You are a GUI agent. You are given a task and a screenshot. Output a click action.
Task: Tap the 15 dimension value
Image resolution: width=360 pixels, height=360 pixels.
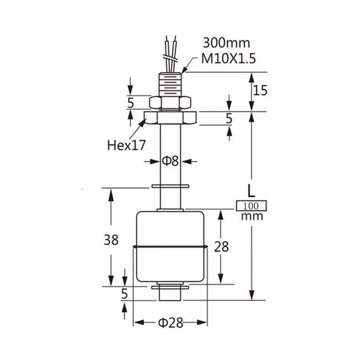(259, 89)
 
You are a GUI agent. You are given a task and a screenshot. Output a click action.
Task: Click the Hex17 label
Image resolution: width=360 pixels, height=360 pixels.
(127, 145)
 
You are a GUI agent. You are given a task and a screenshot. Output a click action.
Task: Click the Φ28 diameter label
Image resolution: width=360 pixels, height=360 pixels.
(170, 323)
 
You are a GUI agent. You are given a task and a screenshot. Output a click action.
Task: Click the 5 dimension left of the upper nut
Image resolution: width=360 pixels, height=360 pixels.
(130, 102)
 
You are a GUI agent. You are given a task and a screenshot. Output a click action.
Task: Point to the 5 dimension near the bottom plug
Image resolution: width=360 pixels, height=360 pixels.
(124, 294)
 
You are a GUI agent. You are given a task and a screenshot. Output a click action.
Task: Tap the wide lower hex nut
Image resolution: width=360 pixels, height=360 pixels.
(170, 118)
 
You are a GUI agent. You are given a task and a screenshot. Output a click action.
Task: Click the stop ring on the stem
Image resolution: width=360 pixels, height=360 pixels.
(170, 186)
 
